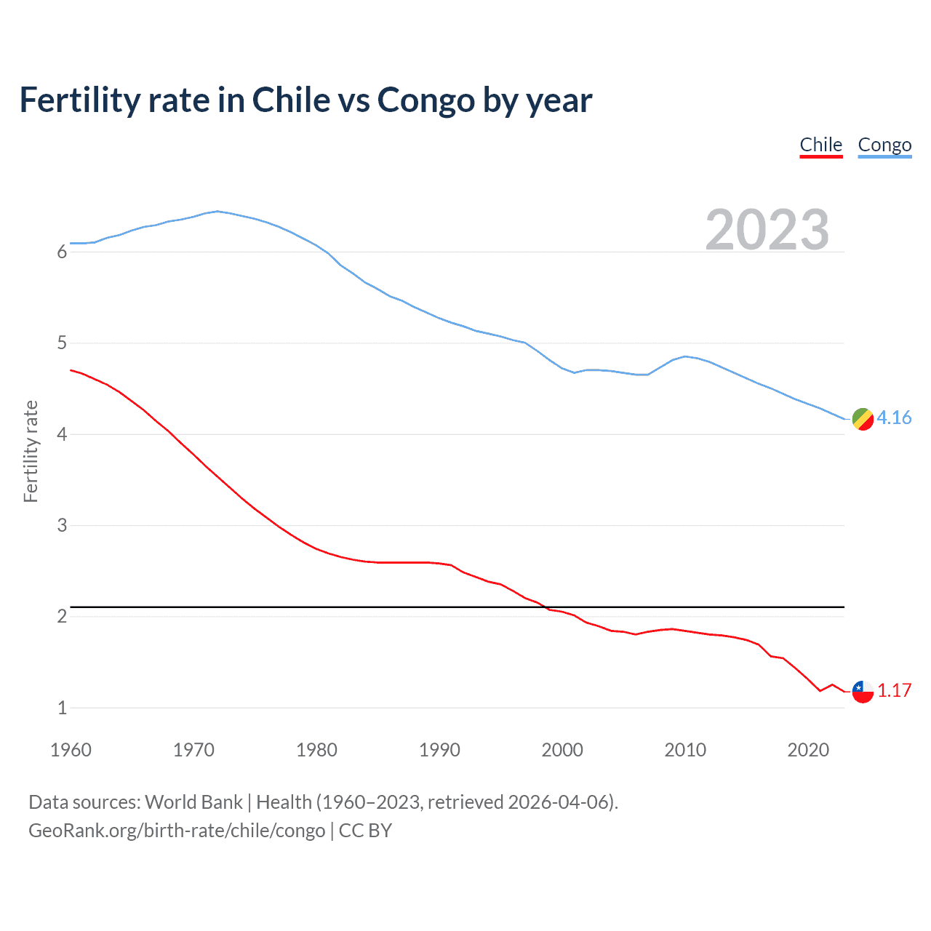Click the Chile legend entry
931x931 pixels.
pos(820,145)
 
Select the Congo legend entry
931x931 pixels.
pos(884,145)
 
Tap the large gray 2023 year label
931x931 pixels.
pos(767,230)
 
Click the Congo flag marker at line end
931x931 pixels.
pos(863,419)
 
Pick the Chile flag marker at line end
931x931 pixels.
pos(863,691)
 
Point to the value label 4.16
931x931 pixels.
pos(894,417)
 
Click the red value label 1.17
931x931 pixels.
pos(894,690)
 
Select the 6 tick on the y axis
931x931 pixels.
pos(62,252)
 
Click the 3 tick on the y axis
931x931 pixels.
pos(62,525)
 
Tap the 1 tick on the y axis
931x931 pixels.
pos(62,708)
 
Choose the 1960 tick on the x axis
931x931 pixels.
pos(71,750)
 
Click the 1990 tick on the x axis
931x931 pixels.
pos(439,750)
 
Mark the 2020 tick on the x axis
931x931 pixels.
pos(808,750)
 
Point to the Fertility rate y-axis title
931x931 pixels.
pos(31,451)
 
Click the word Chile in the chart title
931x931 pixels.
pos(289,100)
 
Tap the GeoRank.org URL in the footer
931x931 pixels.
pos(177,830)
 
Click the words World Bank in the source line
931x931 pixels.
pos(193,802)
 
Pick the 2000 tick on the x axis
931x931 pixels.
pos(562,750)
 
